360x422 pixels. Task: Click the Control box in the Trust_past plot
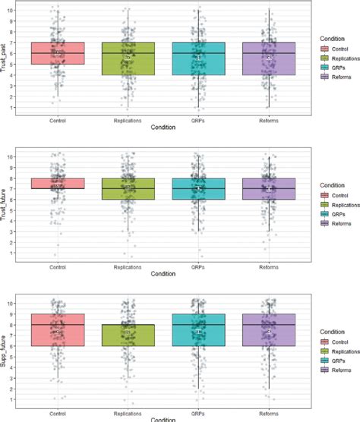click(58, 53)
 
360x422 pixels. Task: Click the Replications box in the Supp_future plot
click(128, 335)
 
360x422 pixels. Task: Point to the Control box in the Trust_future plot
click(58, 183)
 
